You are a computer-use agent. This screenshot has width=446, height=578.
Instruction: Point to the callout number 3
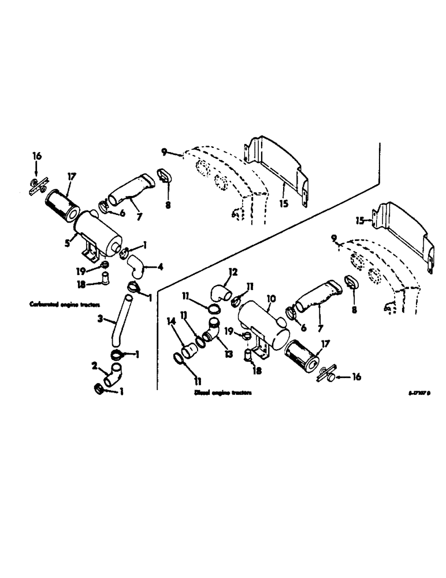pyautogui.click(x=100, y=318)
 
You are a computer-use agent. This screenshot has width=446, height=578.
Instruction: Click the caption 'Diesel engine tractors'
pyautogui.click(x=223, y=392)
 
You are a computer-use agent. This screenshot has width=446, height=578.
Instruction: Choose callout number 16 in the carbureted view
pyautogui.click(x=37, y=157)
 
